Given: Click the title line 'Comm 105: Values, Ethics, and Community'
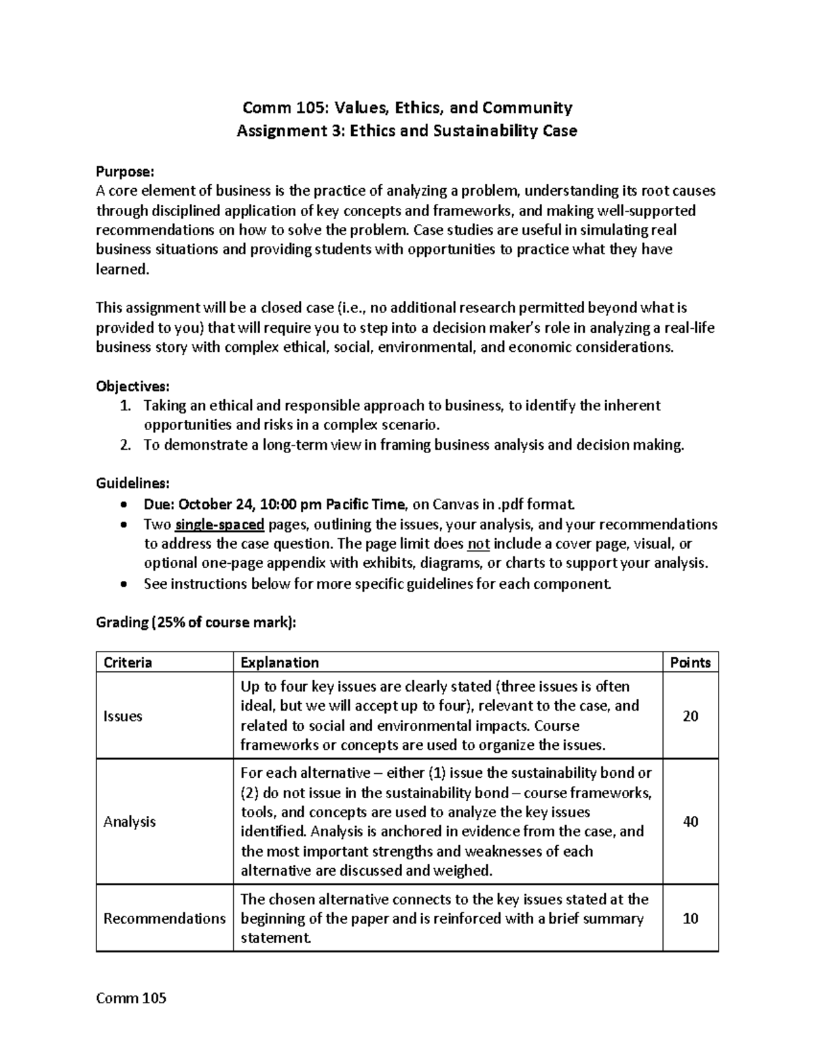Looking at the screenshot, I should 407,107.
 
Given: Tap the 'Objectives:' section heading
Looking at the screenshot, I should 132,387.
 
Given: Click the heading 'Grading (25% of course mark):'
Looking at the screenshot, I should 196,622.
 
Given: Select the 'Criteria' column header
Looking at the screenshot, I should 127,662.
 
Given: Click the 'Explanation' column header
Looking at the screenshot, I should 279,662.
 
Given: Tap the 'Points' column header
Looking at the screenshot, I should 690,662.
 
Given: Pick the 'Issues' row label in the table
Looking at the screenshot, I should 122,716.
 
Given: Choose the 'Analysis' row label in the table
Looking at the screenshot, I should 129,822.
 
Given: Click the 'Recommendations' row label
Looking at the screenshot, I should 164,918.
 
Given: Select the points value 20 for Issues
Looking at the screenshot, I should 690,716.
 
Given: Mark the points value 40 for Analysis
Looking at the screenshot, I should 690,822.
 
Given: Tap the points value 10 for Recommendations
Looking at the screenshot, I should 690,918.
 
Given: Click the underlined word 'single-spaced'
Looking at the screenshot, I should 219,524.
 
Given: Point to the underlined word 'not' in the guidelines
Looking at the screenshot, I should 479,544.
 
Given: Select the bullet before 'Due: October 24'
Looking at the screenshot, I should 122,505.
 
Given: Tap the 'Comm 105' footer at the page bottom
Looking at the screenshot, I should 131,998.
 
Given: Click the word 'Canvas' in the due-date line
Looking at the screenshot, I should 456,505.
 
